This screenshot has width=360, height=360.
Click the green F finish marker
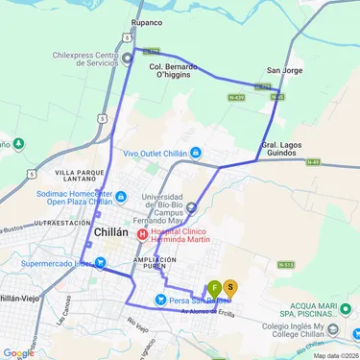click(x=214, y=287)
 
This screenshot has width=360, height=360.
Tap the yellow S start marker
click(x=230, y=287)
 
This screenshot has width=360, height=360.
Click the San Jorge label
click(x=285, y=70)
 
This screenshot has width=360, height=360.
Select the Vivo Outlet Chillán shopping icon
click(x=195, y=152)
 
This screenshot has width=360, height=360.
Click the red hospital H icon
click(x=143, y=233)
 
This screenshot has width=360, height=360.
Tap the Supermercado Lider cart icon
click(x=99, y=263)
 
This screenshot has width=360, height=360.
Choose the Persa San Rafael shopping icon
click(x=159, y=300)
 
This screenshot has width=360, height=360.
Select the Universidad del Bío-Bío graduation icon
click(x=191, y=206)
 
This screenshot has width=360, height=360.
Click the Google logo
click(x=18, y=352)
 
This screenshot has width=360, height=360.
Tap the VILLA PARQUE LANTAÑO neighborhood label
click(x=71, y=177)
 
